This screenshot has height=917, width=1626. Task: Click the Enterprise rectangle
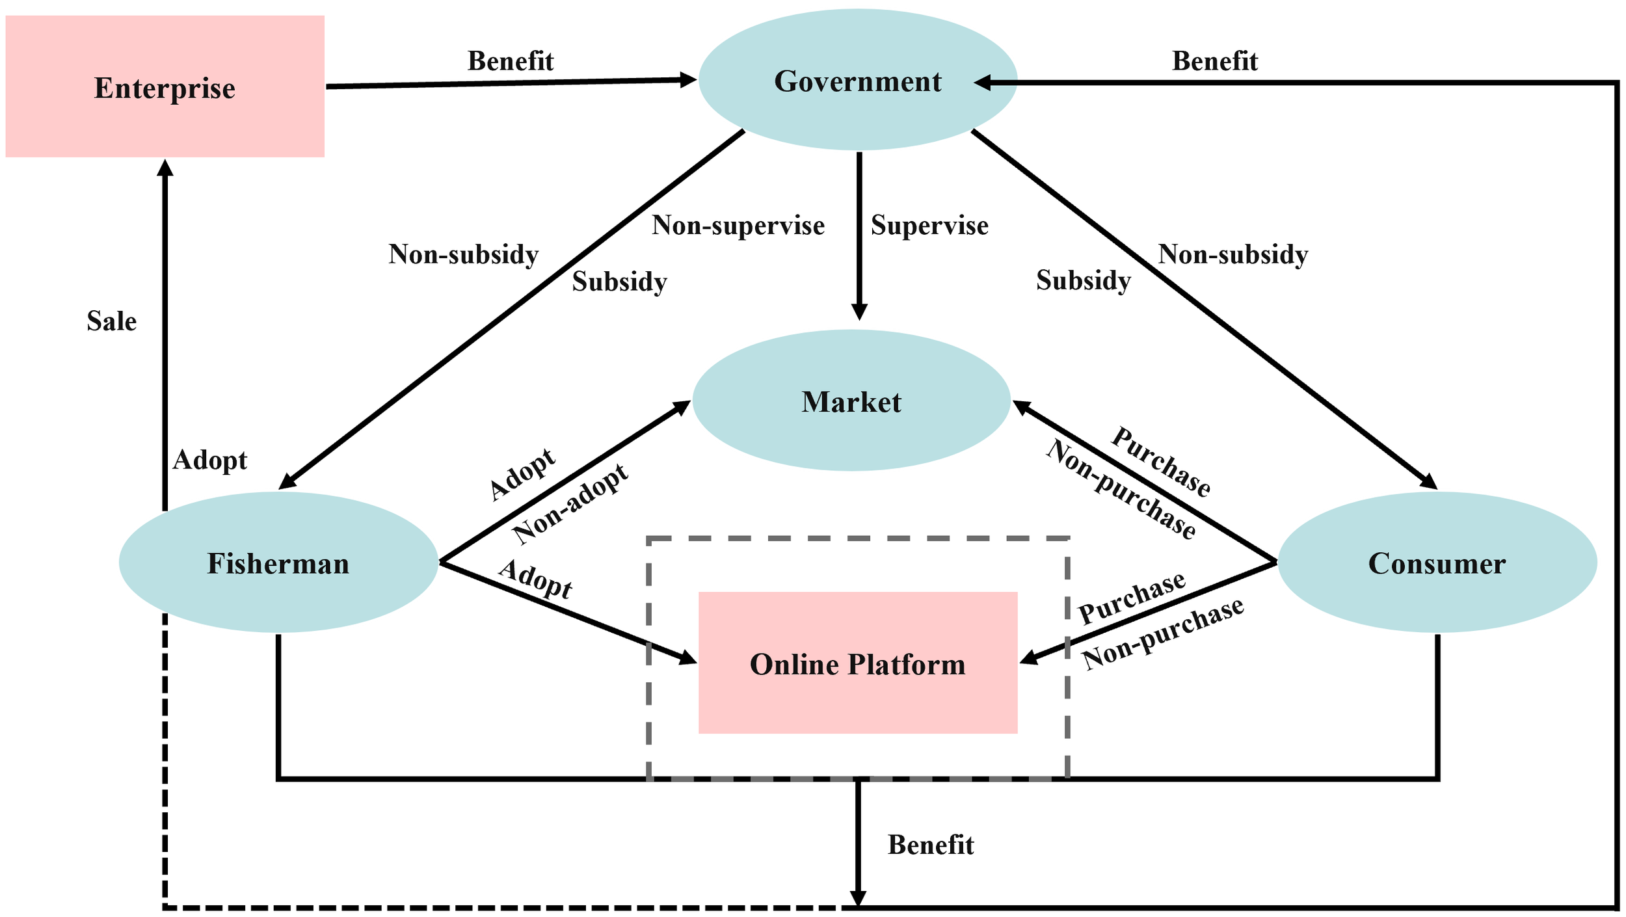tap(165, 86)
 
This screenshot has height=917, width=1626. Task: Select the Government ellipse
tap(857, 81)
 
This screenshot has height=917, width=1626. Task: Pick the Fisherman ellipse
tap(278, 563)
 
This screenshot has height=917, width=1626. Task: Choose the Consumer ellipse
tap(1436, 563)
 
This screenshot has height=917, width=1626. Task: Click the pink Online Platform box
tap(857, 664)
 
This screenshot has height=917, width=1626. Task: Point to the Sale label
tap(111, 321)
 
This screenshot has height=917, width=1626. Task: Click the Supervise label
tap(929, 226)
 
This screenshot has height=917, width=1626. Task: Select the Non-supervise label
tap(738, 226)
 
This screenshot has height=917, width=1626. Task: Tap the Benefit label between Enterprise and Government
tap(510, 61)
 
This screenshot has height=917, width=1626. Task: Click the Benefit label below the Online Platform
tap(930, 845)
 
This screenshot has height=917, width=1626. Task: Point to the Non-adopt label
tap(570, 504)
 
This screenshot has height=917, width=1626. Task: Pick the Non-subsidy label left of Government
tap(463, 254)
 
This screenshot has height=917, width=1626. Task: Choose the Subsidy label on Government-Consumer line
tap(1083, 280)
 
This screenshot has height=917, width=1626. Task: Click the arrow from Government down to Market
tap(859, 234)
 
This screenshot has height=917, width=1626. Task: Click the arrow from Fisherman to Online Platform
tap(566, 612)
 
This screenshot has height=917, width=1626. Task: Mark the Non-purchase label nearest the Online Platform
tap(1163, 634)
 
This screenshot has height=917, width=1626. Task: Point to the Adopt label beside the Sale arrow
tap(209, 460)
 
